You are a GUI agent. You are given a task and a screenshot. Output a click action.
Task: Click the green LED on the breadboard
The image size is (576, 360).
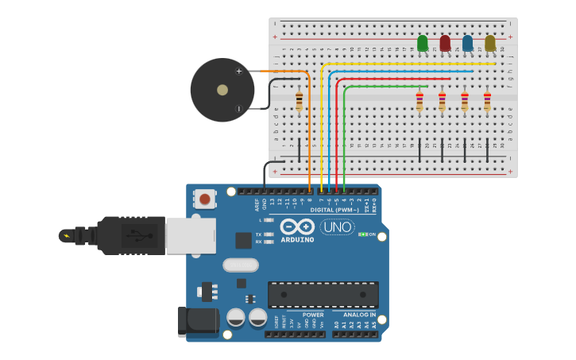pyautogui.click(x=422, y=43)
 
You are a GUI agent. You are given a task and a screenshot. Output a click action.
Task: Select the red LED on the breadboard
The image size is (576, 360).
pyautogui.click(x=445, y=43)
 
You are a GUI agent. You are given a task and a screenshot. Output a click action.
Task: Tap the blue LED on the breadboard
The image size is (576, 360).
pyautogui.click(x=467, y=43)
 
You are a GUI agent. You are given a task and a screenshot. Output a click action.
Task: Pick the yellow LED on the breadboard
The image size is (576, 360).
pyautogui.click(x=489, y=43)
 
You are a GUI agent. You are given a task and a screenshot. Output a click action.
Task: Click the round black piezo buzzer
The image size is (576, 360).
pyautogui.click(x=222, y=90)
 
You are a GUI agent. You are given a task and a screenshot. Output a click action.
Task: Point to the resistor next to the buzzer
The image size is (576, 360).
pyautogui.click(x=299, y=101)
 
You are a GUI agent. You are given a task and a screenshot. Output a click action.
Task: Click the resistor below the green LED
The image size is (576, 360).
pyautogui.click(x=419, y=101)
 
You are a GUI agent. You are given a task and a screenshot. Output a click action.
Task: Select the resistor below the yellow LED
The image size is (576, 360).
pyautogui.click(x=487, y=101)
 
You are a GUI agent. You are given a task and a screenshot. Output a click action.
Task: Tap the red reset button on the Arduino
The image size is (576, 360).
pyautogui.click(x=205, y=199)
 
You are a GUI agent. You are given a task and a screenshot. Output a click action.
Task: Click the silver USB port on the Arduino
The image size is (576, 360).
pyautogui.click(x=191, y=235)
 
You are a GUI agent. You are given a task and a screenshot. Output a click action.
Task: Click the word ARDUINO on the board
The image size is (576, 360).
pyautogui.click(x=296, y=239)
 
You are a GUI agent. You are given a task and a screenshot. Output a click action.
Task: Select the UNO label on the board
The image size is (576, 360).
pyautogui.click(x=337, y=227)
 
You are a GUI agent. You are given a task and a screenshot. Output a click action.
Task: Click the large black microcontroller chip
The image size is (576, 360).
pyautogui.click(x=323, y=294)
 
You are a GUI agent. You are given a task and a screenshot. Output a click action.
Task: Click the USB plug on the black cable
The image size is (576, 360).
pyautogui.click(x=132, y=235)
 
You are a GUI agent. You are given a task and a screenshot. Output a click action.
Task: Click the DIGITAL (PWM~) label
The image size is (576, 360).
pyautogui.click(x=334, y=210)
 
